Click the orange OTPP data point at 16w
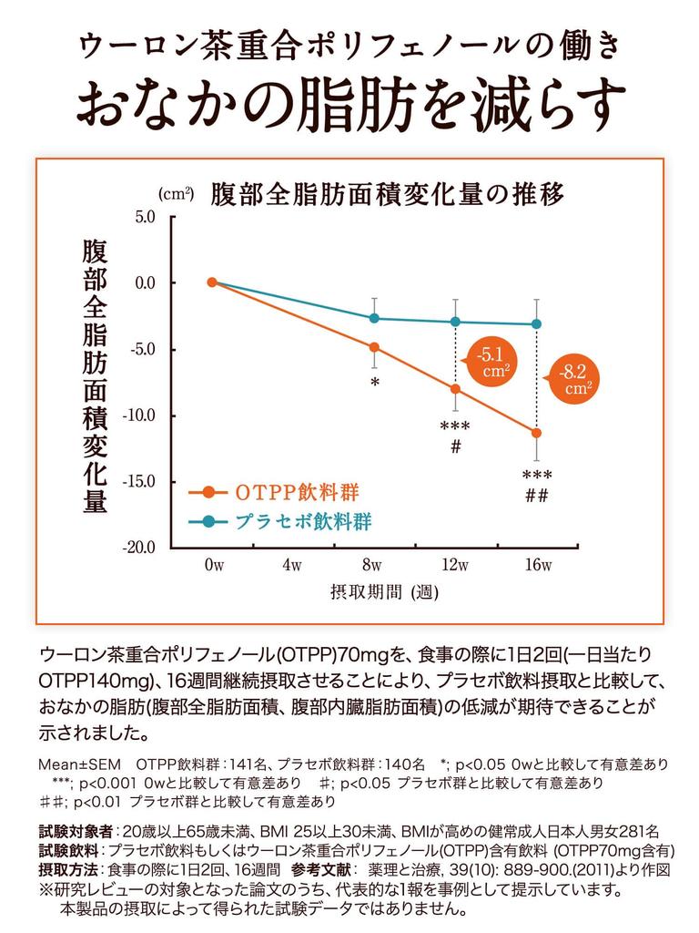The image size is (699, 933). (536, 433)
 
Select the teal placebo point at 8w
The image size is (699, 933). (374, 318)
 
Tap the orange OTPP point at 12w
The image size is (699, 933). (455, 389)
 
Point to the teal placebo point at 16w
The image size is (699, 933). (536, 323)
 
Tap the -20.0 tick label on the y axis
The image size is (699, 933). (140, 548)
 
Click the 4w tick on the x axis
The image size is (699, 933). (293, 566)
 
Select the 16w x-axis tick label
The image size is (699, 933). (538, 566)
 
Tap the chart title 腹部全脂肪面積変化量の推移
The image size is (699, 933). (388, 194)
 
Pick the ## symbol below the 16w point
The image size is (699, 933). (536, 496)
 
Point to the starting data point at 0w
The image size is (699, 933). (212, 282)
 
